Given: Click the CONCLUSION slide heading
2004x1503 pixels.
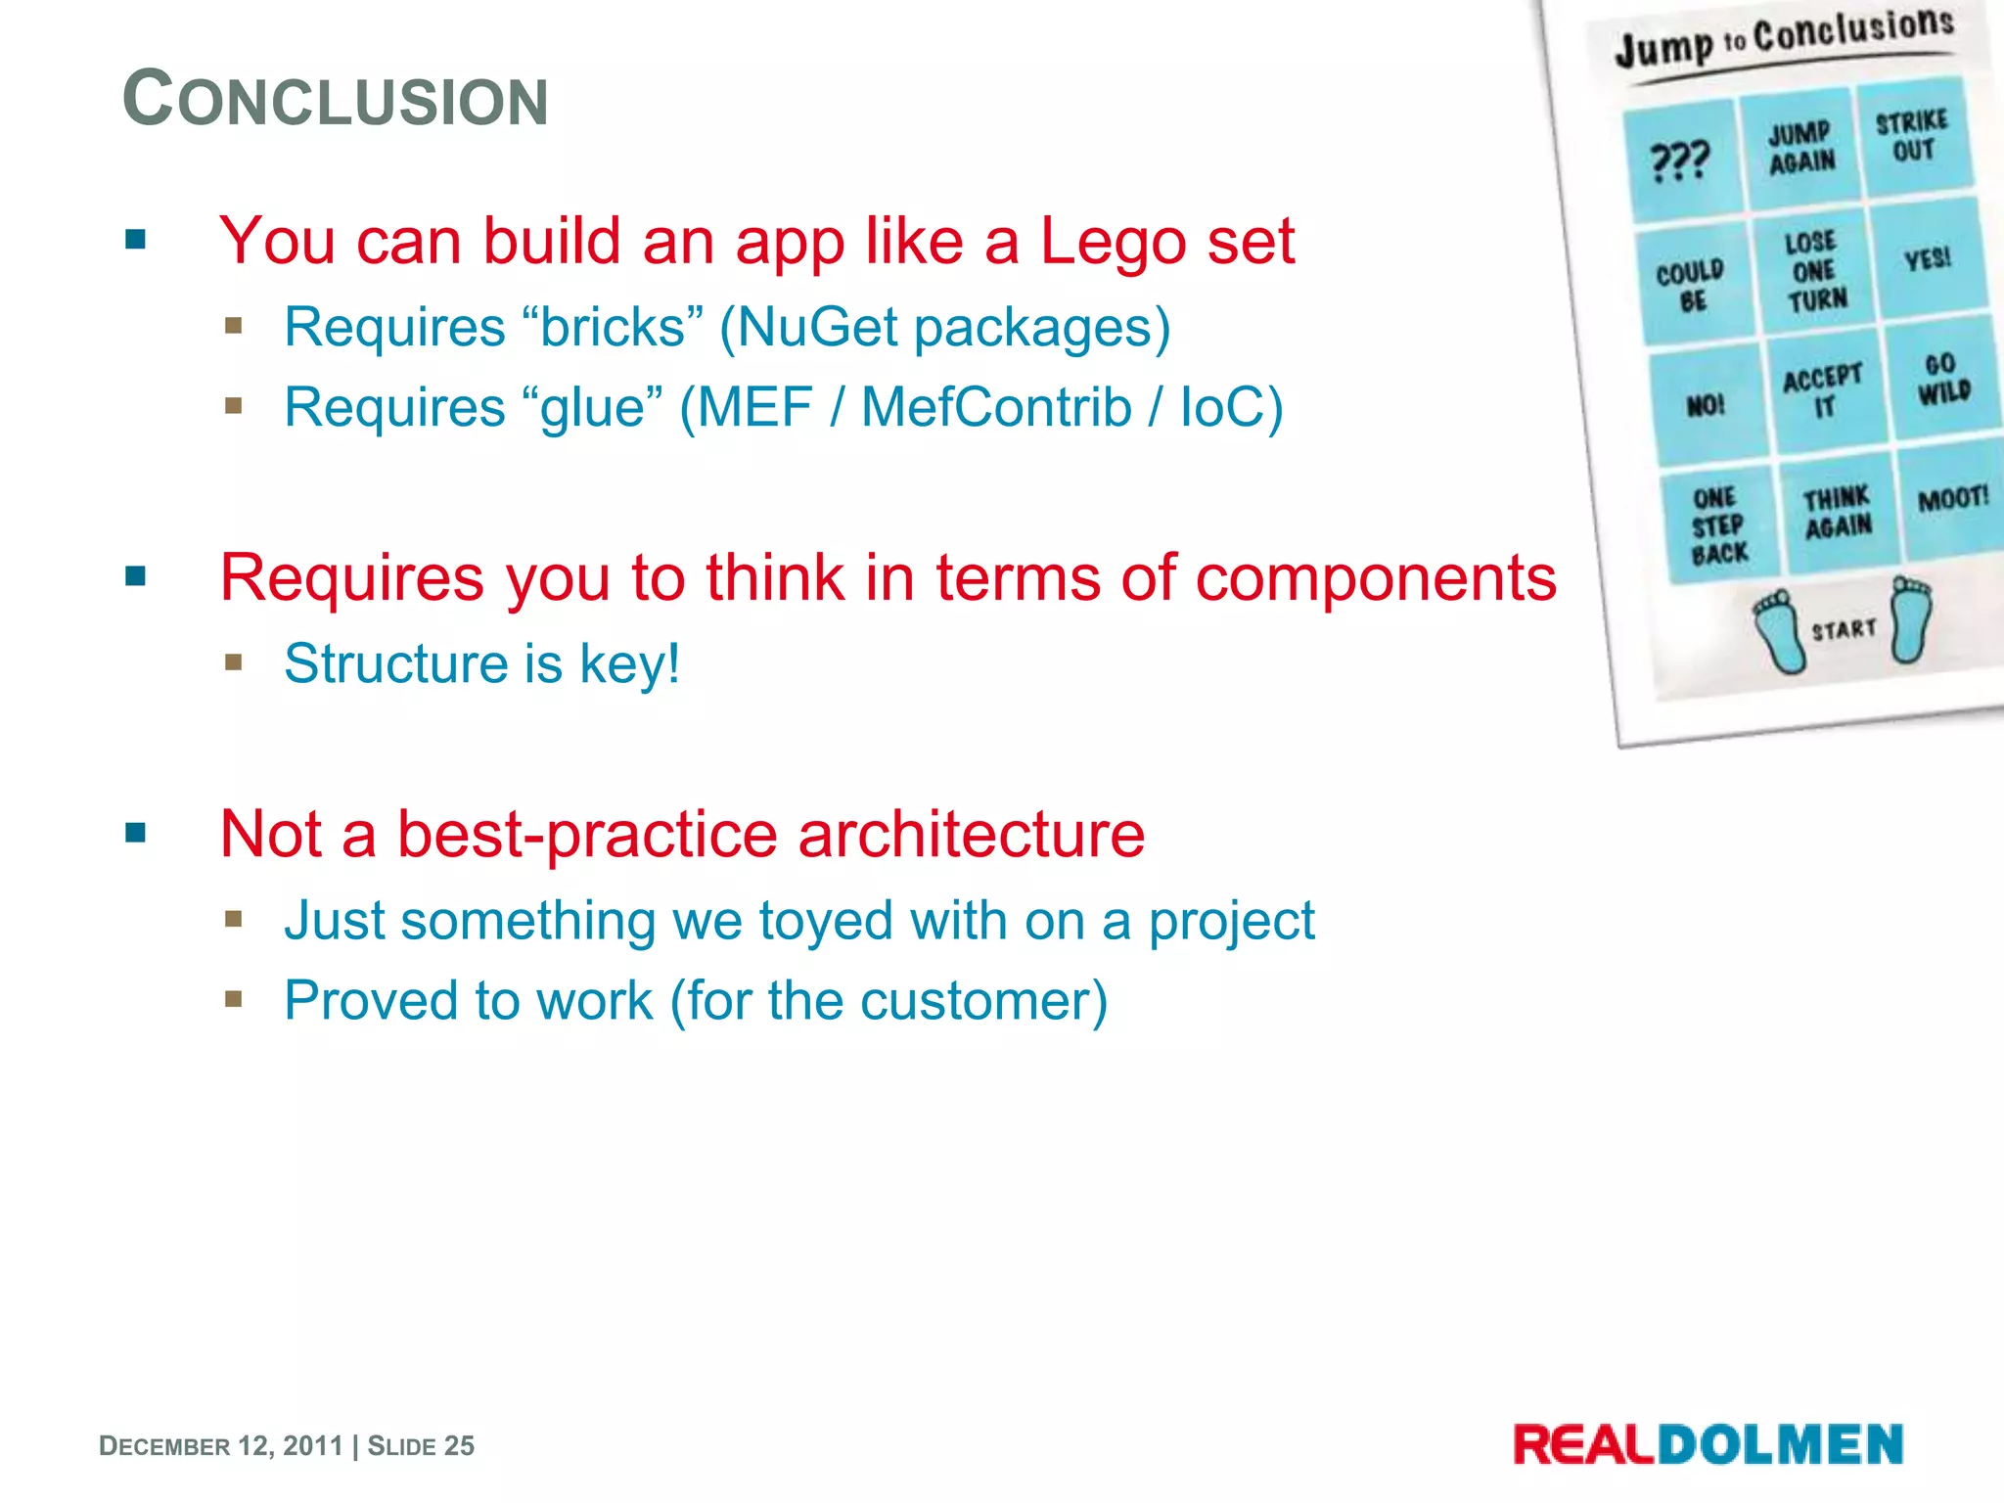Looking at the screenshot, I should click(335, 100).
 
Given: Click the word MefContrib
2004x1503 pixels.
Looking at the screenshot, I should click(996, 407).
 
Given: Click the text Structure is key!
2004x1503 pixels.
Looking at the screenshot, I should click(481, 664).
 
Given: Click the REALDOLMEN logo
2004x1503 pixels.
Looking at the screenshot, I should click(1708, 1445).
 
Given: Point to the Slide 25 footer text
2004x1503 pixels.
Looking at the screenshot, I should click(421, 1446).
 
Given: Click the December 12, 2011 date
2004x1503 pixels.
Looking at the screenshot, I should click(221, 1446).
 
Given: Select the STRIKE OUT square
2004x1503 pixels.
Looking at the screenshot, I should click(1912, 137).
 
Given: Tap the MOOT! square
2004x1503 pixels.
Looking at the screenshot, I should click(1952, 499).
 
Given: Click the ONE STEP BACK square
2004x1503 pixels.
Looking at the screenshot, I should click(1718, 526).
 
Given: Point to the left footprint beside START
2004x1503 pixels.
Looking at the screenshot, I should click(1779, 631).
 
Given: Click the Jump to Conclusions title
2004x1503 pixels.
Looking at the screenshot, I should click(1783, 37).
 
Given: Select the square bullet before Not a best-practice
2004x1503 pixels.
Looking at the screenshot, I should click(136, 834).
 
